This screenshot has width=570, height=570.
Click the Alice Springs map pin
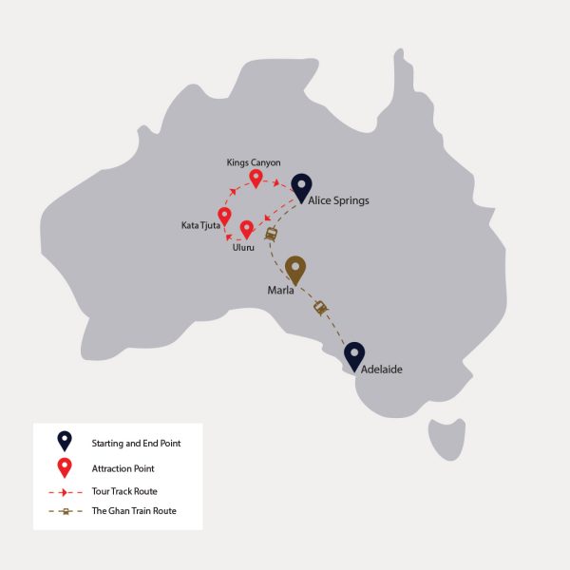(x=301, y=186)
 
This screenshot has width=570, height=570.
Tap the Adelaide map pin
(x=354, y=355)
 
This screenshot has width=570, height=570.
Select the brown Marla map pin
(x=295, y=269)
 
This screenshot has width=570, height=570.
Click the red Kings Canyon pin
(x=256, y=178)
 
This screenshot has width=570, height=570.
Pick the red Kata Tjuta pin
(x=224, y=216)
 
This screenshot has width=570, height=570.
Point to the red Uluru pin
(x=247, y=229)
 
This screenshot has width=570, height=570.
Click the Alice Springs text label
(x=338, y=200)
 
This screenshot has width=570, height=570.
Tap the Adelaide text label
(x=383, y=370)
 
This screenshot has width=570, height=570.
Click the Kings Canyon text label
(x=254, y=162)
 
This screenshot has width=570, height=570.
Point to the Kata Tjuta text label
(x=200, y=226)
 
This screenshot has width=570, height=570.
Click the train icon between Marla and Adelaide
(x=321, y=307)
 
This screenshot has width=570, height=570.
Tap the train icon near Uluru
(x=272, y=234)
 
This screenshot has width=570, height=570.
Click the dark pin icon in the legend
(x=64, y=441)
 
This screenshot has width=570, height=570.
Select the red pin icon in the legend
(x=64, y=466)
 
